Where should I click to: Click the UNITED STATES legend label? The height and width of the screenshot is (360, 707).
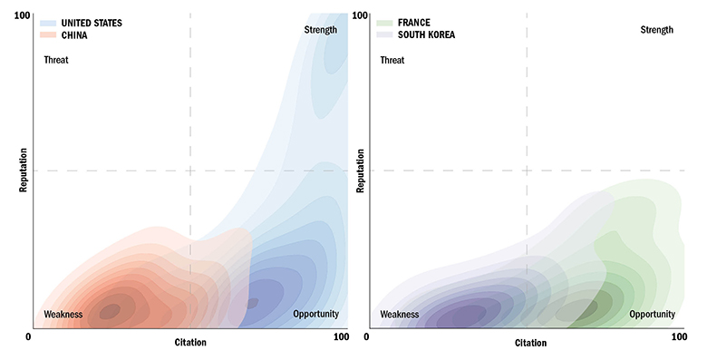coord(92,23)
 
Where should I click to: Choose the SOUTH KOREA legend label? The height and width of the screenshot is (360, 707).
coord(427,34)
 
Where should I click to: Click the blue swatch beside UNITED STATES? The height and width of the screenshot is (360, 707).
coord(48,23)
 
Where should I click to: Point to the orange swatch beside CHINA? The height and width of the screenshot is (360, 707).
coord(48,34)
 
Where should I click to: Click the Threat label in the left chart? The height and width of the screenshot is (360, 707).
coord(56,61)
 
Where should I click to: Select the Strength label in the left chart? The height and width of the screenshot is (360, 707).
coord(320,30)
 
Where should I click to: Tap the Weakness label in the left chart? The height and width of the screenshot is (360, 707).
coord(63,315)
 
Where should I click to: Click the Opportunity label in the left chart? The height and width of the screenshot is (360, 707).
coord(315,315)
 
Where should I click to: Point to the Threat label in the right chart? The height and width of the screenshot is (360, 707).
coord(392,61)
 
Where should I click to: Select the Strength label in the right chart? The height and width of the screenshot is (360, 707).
coord(656,30)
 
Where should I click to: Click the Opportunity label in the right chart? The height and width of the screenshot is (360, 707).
coord(653,315)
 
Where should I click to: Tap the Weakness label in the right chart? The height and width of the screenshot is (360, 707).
coord(399,315)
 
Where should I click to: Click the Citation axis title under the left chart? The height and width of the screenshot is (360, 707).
coord(190,343)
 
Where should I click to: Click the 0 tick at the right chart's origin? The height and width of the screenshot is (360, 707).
coord(366,337)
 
